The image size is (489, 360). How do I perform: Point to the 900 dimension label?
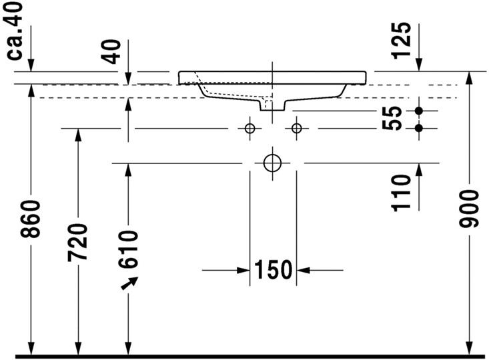[x=471, y=209]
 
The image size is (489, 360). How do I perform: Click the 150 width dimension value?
[x=273, y=270]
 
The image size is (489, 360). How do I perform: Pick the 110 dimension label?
[x=401, y=193]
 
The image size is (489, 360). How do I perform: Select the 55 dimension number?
[x=395, y=118]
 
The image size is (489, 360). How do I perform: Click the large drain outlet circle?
[x=273, y=163]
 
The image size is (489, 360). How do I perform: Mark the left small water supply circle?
[x=250, y=128]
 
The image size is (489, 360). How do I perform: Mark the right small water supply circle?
[x=296, y=128]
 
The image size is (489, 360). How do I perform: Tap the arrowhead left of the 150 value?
[x=243, y=270]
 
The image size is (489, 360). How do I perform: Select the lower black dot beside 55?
[x=419, y=127]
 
